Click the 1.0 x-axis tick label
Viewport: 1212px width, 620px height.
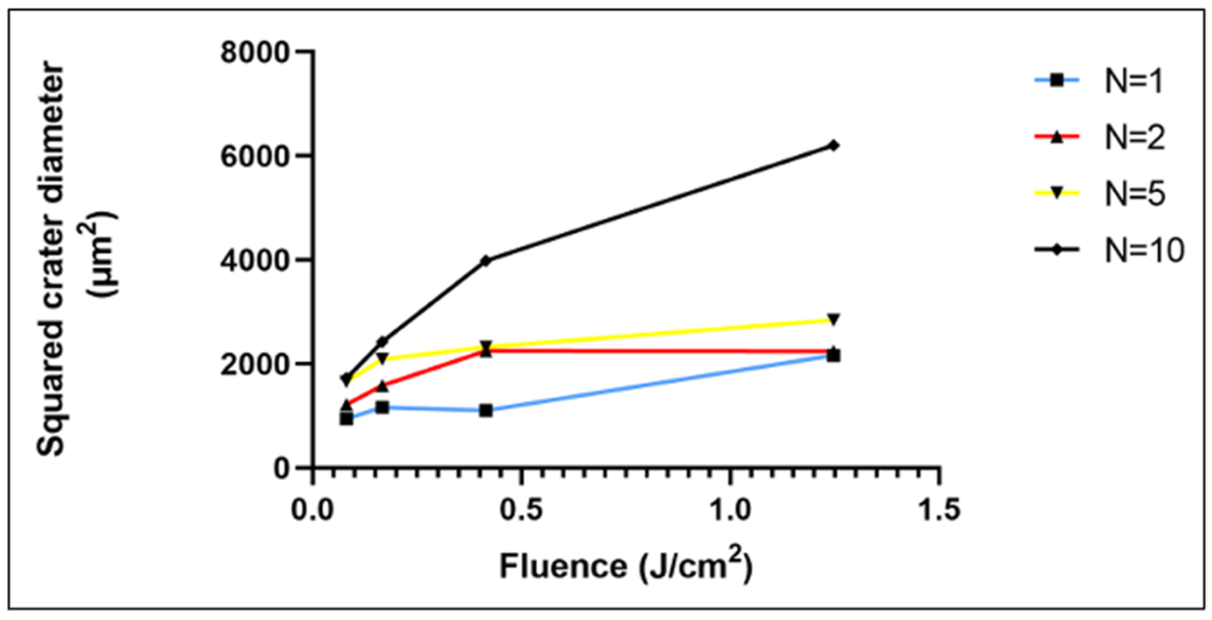coord(729,510)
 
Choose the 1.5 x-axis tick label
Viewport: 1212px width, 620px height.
coord(939,510)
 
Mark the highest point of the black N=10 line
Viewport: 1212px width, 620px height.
coord(833,145)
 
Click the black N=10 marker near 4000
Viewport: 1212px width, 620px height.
coord(486,260)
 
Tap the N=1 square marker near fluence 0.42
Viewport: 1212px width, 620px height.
coord(486,411)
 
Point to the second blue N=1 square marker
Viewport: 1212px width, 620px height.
coord(382,407)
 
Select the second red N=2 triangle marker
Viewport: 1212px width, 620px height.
coord(382,386)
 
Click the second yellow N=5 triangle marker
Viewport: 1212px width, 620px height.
coord(382,359)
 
